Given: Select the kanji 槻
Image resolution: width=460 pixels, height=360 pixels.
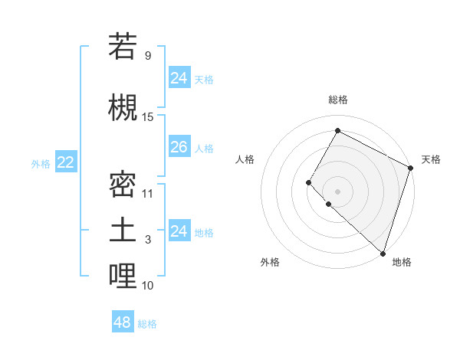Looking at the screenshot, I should (123, 107).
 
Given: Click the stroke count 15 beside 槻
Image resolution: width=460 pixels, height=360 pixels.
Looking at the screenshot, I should (148, 117).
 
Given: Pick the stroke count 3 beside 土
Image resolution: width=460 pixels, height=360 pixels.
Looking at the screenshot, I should (148, 240).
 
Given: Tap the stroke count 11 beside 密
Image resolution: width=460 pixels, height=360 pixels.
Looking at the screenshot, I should (148, 194).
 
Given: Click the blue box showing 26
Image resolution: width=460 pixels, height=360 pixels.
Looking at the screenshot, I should (179, 147).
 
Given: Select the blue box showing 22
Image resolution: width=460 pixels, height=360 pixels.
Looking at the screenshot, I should (66, 162).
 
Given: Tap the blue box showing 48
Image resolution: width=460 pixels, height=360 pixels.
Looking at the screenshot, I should (123, 322).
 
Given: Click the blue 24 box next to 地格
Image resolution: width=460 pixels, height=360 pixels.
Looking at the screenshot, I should (179, 231).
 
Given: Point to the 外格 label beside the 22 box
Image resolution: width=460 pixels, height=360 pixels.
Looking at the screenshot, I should (41, 163).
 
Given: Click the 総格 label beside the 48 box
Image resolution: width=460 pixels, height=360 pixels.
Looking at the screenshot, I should (147, 324).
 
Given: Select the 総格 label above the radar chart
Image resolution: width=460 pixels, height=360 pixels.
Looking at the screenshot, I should (337, 100).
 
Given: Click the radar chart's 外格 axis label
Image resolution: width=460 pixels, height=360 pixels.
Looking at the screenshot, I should (270, 263).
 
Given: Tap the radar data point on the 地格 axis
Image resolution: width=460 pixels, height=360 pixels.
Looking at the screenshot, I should (383, 253).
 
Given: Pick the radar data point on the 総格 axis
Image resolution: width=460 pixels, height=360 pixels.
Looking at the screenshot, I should (337, 130).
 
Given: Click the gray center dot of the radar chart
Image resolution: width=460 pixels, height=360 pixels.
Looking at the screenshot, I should (337, 191).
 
